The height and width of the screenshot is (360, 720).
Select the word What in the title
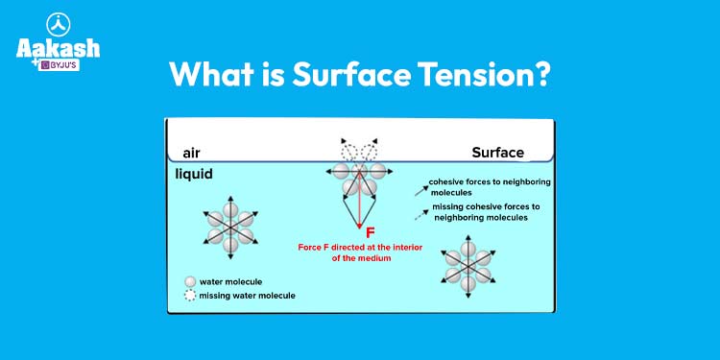(x=210, y=74)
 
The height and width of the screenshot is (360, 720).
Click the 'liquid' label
(x=194, y=175)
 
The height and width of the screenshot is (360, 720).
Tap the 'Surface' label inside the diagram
(x=497, y=153)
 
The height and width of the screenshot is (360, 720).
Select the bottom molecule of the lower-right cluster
(x=468, y=282)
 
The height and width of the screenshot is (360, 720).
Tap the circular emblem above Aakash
(x=59, y=24)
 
